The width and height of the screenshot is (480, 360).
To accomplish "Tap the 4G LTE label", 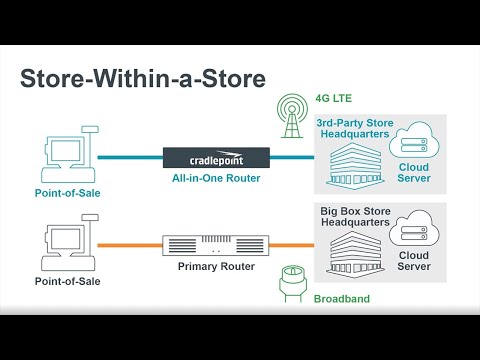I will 336,98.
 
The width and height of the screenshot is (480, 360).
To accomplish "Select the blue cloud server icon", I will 413,144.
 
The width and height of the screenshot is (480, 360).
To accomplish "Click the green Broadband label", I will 342,299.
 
